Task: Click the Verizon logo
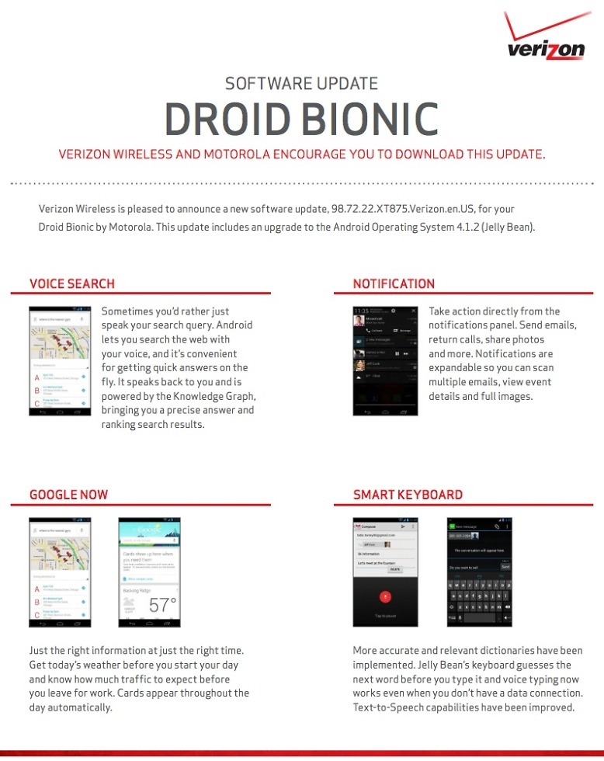coord(546,43)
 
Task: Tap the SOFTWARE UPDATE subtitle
coord(301,83)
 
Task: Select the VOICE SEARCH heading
coord(72,283)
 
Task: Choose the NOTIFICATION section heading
coord(394,283)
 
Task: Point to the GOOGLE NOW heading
coord(69,495)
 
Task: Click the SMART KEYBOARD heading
coord(408,495)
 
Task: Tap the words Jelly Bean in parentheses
coord(505,228)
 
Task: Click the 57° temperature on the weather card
coord(162,605)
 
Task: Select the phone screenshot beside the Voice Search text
coord(61,363)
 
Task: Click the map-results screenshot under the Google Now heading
coord(61,572)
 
